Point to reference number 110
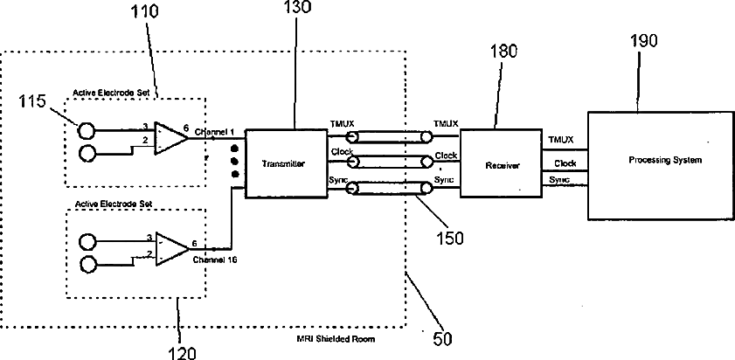144,11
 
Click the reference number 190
642,41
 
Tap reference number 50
442,339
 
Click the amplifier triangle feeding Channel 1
171,138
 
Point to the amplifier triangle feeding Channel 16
172,248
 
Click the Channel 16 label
215,260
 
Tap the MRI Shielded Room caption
336,338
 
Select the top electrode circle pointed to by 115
86,131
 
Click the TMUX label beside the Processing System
560,140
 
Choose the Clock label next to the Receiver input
446,156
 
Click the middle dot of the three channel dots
235,162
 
